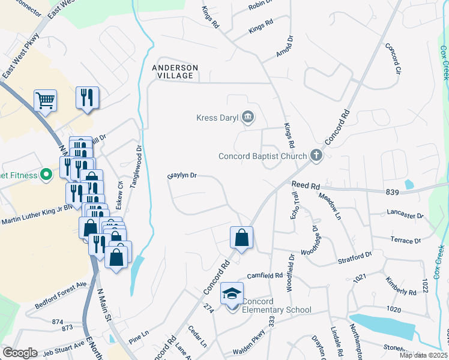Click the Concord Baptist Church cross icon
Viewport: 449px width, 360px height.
coord(316,156)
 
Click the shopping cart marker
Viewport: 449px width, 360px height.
coord(45,100)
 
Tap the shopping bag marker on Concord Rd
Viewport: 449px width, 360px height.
coord(241,238)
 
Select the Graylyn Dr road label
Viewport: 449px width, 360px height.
coord(182,176)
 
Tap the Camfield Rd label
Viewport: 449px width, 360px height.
coord(265,275)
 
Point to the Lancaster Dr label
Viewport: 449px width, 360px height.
coord(405,214)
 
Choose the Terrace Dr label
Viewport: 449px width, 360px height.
coord(405,241)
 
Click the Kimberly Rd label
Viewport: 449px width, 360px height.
coord(401,287)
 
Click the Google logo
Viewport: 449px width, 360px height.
coord(19,353)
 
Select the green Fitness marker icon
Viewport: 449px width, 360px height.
coord(46,175)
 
